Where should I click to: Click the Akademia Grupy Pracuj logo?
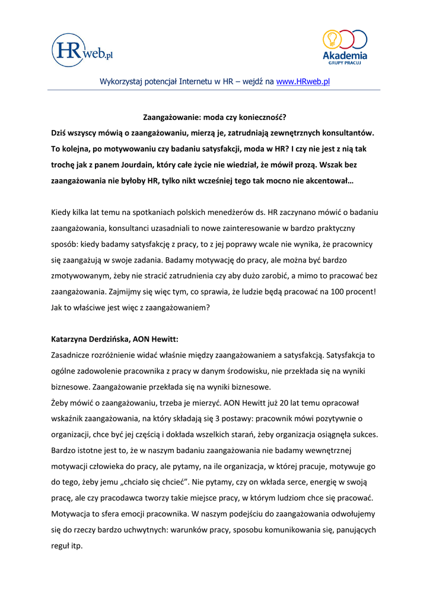pyautogui.click(x=344, y=46)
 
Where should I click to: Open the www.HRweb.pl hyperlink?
pyautogui.click(x=302, y=81)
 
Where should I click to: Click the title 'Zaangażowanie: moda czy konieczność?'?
pyautogui.click(x=215, y=117)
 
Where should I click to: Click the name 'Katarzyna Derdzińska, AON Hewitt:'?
pyautogui.click(x=114, y=339)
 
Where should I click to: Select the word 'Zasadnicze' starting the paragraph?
pyautogui.click(x=73, y=355)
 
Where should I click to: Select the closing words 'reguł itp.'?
pyautogui.click(x=67, y=546)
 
